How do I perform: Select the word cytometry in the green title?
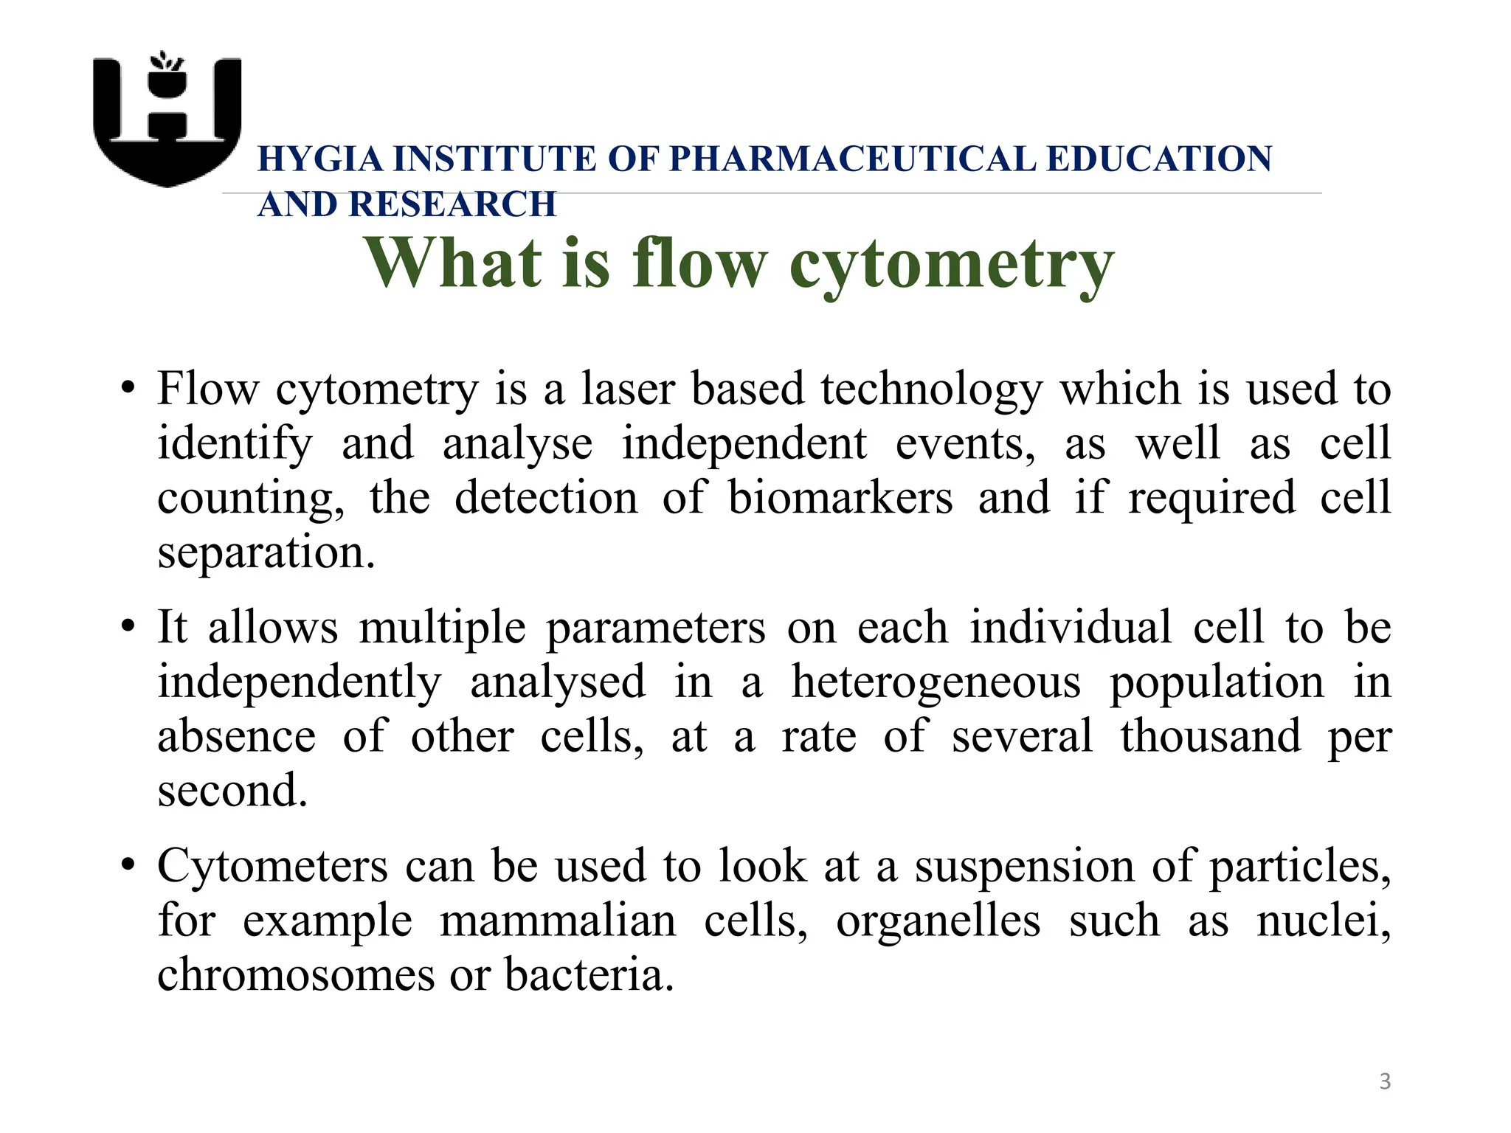[x=951, y=265]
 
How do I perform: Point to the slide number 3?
[x=1385, y=1081]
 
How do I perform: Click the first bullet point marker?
[x=128, y=388]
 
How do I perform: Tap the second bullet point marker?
[x=128, y=627]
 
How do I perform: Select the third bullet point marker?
[x=128, y=865]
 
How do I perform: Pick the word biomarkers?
[x=840, y=497]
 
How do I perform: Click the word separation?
[x=266, y=552]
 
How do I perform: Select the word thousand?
[x=1211, y=735]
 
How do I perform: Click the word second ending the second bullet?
[x=232, y=790]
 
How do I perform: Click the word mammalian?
[x=558, y=921]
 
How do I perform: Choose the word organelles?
[x=938, y=921]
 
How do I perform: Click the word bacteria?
[x=589, y=975]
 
